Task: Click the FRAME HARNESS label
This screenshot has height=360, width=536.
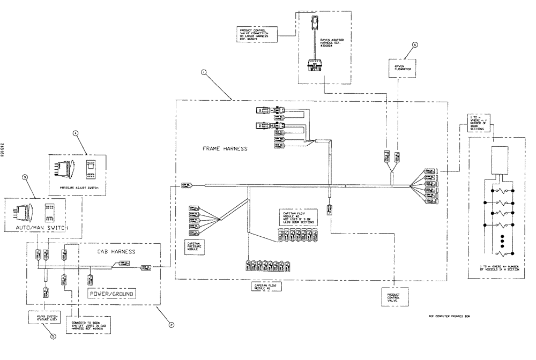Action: coord(225,148)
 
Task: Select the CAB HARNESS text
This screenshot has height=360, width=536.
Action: coord(115,251)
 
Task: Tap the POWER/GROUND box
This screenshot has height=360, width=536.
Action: coord(111,294)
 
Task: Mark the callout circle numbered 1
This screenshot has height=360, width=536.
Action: coord(203,71)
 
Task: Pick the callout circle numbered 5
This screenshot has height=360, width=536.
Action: coord(52,337)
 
